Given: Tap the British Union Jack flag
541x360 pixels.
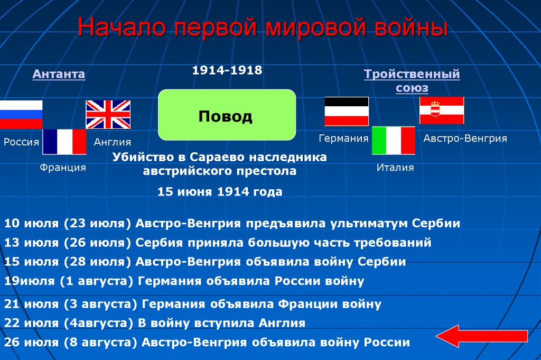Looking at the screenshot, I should (108, 114).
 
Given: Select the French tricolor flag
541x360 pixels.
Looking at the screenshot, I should (64, 142).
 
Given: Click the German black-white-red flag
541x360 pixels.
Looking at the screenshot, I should (346, 112).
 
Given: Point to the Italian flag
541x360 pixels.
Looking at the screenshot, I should (394, 141).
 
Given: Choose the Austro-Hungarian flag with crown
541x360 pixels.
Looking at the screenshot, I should (442, 110).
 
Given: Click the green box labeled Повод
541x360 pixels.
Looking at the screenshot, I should (227, 115).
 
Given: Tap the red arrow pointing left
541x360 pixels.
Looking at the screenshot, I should (481, 336).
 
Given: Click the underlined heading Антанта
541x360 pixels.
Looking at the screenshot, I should (59, 74).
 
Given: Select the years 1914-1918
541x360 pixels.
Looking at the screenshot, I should (227, 70).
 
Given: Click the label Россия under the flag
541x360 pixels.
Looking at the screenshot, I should (22, 142).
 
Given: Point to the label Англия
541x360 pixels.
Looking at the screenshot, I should (113, 142).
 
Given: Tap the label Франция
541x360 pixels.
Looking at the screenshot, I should (63, 168).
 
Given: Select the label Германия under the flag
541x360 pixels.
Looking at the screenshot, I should (343, 139).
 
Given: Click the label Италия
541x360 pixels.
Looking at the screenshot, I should (395, 168).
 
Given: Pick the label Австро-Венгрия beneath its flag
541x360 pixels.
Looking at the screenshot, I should (465, 139).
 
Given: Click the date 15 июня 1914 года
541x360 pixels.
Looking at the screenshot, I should (220, 192).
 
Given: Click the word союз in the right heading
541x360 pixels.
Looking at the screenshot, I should (412, 88).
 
